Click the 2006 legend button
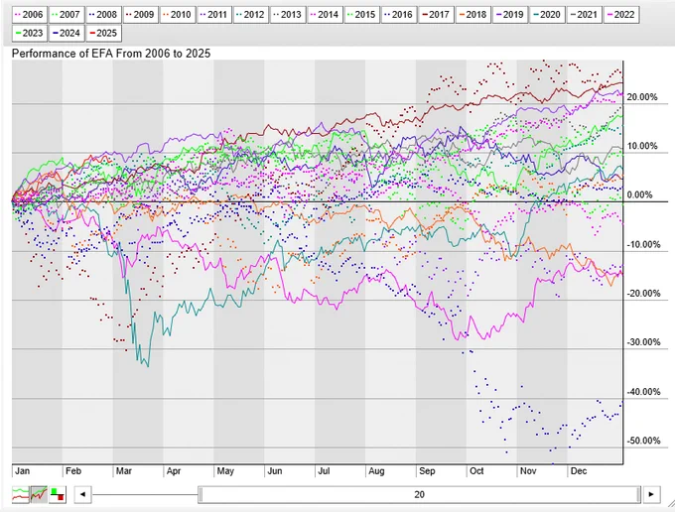pos(30,15)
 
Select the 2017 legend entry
pos(437,15)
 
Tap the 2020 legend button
pos(547,15)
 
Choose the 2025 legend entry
pos(104,33)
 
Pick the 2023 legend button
pos(30,33)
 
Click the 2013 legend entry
pos(289,15)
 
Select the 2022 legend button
pos(621,15)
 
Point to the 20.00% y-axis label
pos(642,97)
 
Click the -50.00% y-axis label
pos(643,441)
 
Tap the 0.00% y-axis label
pos(639,194)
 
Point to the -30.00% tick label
pos(643,342)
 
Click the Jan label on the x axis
pos(23,470)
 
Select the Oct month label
pos(476,470)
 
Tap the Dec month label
pos(579,470)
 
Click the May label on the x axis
pos(225,470)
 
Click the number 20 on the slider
pos(419,494)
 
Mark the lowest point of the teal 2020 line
pos(148,366)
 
